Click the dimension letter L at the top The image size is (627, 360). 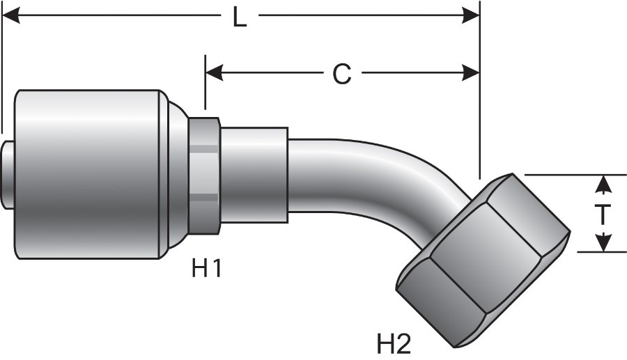(239, 17)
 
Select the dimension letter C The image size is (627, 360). (341, 74)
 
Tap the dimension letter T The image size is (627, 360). (603, 214)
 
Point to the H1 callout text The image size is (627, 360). (206, 267)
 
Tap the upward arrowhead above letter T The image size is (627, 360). (604, 184)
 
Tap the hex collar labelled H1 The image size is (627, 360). (203, 174)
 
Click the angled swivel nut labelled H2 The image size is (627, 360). (481, 258)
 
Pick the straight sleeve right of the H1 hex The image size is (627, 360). (254, 174)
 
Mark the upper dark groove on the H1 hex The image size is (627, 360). (204, 148)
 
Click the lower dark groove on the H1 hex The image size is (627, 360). (204, 198)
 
